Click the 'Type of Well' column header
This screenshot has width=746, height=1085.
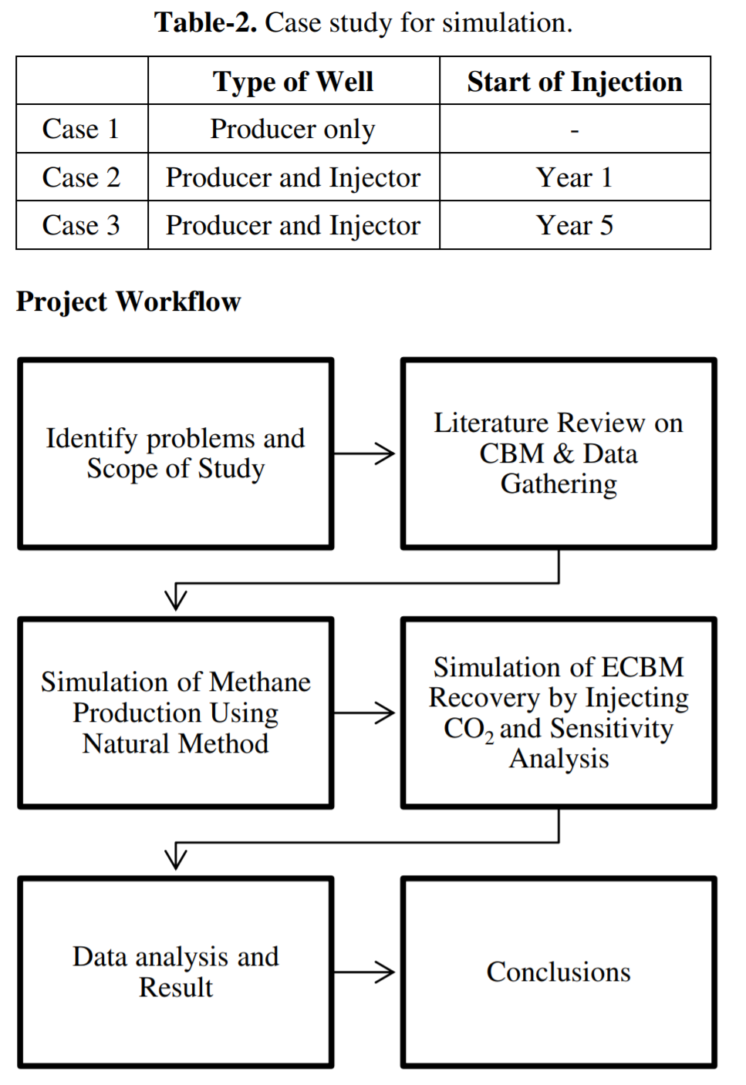[x=293, y=81]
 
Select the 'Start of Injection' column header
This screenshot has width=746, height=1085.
[x=575, y=81]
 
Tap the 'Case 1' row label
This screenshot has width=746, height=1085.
[x=81, y=129]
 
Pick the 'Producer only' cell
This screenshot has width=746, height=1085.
[x=293, y=130]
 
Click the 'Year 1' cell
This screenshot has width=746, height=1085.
[x=575, y=177]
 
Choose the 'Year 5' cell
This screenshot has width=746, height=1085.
[x=575, y=225]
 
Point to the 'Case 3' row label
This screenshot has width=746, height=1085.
[x=81, y=225]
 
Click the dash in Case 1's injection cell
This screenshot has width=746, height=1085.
[x=575, y=130]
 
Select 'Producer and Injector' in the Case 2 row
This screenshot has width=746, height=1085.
[x=293, y=178]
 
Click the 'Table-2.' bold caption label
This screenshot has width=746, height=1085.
[x=205, y=23]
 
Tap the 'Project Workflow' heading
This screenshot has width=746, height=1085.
[x=128, y=302]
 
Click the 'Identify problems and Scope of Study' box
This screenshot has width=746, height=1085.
[x=176, y=454]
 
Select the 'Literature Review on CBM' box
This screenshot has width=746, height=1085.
[x=559, y=454]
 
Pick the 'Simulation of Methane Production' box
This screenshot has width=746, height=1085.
[x=176, y=713]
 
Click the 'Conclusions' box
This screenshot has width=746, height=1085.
[x=559, y=972]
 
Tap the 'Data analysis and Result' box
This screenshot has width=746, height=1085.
[x=176, y=972]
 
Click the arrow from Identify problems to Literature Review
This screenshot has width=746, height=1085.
[x=364, y=454]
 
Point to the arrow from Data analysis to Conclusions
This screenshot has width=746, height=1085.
[x=364, y=972]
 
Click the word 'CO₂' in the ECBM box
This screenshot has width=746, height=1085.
[x=469, y=730]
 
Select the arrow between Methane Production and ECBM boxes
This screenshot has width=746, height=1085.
[x=364, y=713]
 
